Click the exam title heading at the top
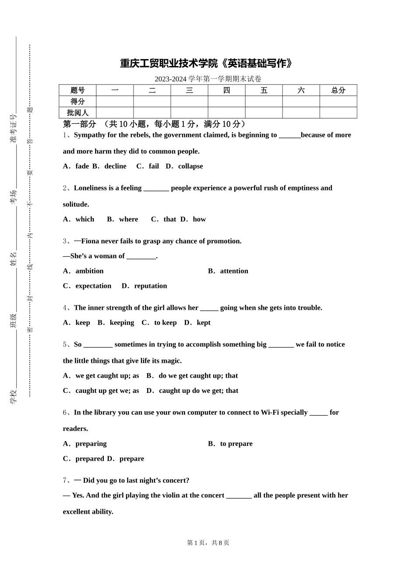(206, 64)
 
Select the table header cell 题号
(78, 91)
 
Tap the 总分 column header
(338, 91)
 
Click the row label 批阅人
(78, 113)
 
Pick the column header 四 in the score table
(226, 91)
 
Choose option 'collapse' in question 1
(190, 166)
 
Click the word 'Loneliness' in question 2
(91, 188)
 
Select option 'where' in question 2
(128, 219)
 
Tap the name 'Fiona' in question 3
(90, 241)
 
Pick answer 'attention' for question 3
(234, 271)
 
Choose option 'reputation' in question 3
(150, 286)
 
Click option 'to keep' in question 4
(165, 323)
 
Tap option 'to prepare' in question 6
(236, 444)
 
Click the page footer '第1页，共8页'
(208, 543)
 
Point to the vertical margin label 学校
(13, 396)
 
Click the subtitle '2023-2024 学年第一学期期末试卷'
(208, 79)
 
